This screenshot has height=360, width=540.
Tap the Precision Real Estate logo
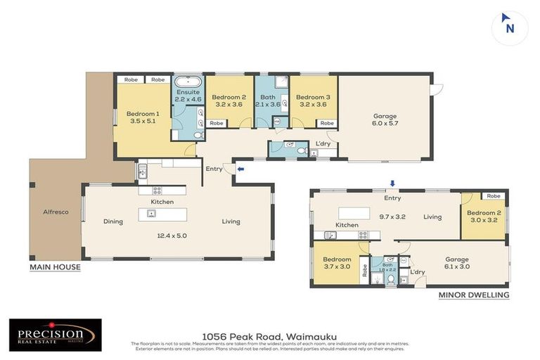55,335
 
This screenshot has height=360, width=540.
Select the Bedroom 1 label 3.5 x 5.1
143,117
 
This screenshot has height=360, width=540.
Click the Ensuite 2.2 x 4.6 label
188,96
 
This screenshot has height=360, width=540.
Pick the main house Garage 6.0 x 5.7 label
385,120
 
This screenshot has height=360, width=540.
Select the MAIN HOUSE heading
55,267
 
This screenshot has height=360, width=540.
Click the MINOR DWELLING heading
474,295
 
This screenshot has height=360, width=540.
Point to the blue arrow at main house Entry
240,169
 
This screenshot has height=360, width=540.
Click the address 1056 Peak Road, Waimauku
269,336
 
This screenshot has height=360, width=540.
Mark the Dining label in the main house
113,221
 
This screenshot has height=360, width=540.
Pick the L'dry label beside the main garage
323,143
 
